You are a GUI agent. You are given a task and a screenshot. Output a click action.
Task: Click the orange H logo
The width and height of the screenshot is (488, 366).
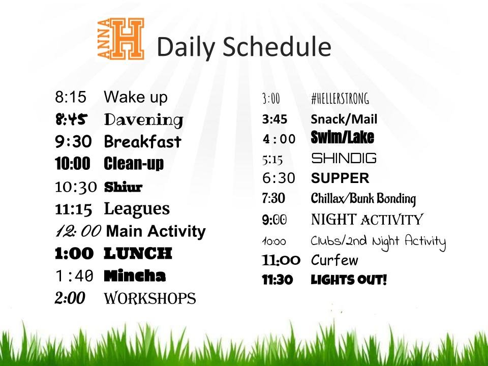121,39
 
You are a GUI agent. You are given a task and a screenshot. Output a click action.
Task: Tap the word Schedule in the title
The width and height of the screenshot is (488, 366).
277,47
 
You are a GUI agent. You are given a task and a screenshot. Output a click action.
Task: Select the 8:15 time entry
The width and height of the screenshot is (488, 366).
71,97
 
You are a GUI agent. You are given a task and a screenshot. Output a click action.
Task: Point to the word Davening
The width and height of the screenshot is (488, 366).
143,120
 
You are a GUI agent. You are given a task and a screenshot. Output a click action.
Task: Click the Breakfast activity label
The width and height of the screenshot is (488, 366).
142,142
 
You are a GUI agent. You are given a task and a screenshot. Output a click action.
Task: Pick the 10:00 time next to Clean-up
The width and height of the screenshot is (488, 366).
73,163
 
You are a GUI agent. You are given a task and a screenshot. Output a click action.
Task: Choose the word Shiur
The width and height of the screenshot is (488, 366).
123,187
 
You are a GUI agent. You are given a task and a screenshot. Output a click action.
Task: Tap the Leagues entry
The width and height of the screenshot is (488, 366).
137,209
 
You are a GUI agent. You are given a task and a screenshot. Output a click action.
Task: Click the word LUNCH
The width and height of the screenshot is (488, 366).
138,253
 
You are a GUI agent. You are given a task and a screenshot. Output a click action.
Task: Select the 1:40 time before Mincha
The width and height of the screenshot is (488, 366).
74,276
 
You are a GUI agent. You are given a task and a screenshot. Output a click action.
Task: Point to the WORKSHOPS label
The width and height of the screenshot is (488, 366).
149,298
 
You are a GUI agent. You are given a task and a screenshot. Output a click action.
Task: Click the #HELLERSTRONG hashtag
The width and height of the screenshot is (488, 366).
340,99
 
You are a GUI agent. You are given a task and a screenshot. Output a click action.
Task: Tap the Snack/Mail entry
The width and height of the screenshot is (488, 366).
344,119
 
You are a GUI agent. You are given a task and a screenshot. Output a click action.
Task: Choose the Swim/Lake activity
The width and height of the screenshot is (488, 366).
342,137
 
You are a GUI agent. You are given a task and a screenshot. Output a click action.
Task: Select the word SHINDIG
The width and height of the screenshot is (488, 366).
344,158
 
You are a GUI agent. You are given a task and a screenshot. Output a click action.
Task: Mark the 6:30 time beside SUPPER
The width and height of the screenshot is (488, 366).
279,178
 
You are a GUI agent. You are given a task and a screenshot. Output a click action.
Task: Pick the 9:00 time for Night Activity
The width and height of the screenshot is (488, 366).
274,220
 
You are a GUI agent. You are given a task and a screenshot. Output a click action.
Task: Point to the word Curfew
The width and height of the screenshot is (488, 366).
334,260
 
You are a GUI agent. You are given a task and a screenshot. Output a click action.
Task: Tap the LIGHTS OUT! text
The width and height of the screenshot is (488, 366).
349,280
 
